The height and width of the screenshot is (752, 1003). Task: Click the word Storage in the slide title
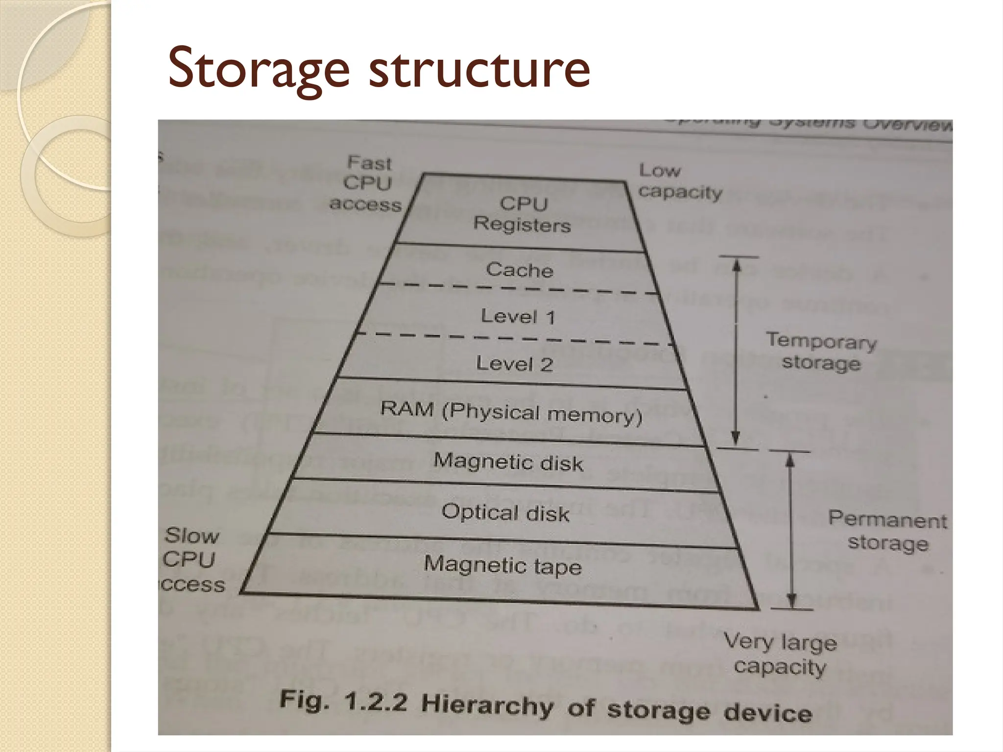[259, 69]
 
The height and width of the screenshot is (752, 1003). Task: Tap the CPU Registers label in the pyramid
[523, 214]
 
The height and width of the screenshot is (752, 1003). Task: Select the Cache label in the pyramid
[520, 270]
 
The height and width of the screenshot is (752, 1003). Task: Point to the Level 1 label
[518, 316]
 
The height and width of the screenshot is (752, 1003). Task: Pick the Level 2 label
[514, 364]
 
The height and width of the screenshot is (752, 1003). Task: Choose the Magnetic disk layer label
[508, 462]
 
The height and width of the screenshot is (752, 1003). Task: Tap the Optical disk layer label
[505, 513]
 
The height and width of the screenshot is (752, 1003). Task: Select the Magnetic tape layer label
[502, 565]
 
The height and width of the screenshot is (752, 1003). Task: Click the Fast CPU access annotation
[366, 183]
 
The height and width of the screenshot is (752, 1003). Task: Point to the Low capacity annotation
[680, 181]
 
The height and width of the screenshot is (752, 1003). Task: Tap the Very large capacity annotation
[780, 654]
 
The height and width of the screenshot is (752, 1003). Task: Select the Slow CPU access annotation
[192, 560]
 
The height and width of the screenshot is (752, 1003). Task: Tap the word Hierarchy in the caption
[487, 705]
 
